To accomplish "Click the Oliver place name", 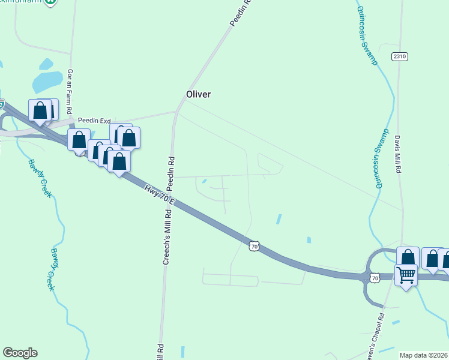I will [x=199, y=95].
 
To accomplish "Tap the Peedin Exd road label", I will [x=90, y=121].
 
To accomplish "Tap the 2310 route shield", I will [x=400, y=56].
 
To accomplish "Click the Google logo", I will [x=20, y=353].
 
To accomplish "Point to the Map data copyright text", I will [x=424, y=355].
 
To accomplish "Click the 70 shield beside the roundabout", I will [x=375, y=278].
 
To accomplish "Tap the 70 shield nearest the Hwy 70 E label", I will [x=255, y=246].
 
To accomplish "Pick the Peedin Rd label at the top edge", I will [x=241, y=13].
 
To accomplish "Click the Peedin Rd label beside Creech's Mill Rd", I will [x=170, y=170].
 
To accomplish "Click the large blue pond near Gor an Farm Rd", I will [x=47, y=80].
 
